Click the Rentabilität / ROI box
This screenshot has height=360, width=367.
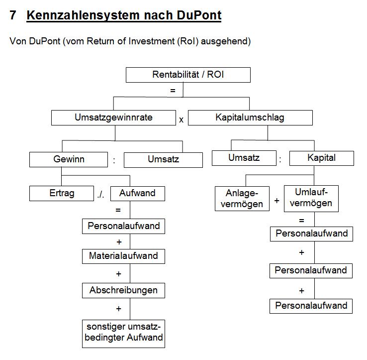[188, 75]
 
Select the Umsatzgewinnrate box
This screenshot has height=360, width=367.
[113, 118]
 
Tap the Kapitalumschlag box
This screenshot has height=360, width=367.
[250, 118]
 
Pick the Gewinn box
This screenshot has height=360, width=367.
[69, 160]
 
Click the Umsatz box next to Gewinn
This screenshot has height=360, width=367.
[163, 160]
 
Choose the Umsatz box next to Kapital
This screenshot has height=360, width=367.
[244, 158]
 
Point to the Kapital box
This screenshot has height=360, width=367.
[322, 158]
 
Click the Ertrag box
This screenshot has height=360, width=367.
[62, 193]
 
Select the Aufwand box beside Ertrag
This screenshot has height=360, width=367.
[138, 194]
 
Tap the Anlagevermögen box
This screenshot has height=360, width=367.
[242, 199]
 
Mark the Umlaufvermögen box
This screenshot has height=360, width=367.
[311, 199]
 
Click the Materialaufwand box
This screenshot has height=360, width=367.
[124, 256]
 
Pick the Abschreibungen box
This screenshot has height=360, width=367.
[124, 290]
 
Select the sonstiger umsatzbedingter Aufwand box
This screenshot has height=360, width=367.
[124, 334]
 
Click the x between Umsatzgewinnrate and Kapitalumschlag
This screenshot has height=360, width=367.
[181, 120]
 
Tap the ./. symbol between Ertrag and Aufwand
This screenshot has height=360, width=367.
[100, 195]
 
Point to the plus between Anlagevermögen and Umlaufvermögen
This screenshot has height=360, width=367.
[276, 201]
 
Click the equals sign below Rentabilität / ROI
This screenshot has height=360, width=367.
[173, 91]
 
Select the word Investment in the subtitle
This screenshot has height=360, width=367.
[152, 41]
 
